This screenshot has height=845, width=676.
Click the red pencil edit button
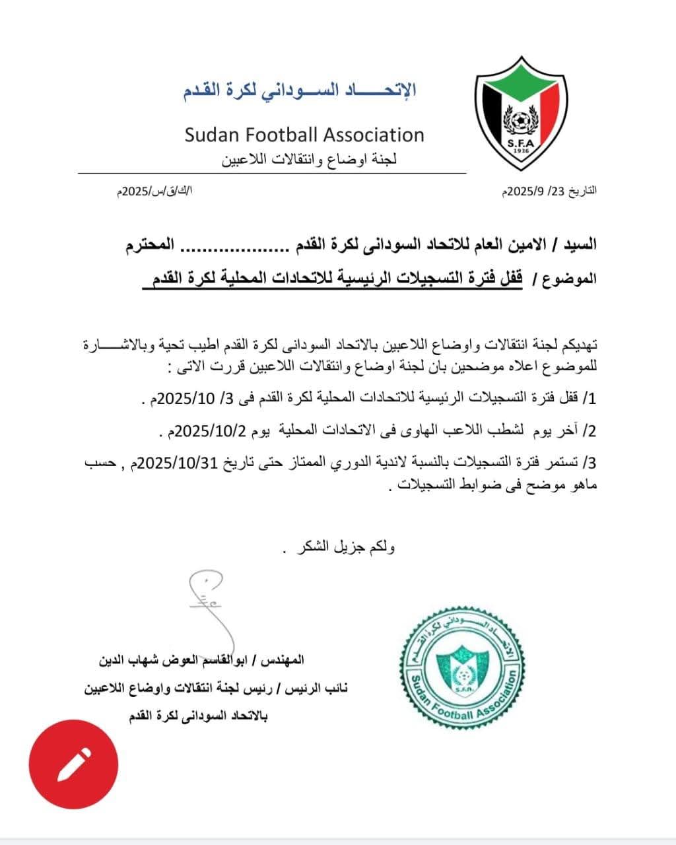point(73,764)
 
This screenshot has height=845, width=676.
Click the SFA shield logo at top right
point(521,112)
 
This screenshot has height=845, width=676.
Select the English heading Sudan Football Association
point(304,135)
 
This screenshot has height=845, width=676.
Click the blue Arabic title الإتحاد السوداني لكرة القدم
point(300,90)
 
